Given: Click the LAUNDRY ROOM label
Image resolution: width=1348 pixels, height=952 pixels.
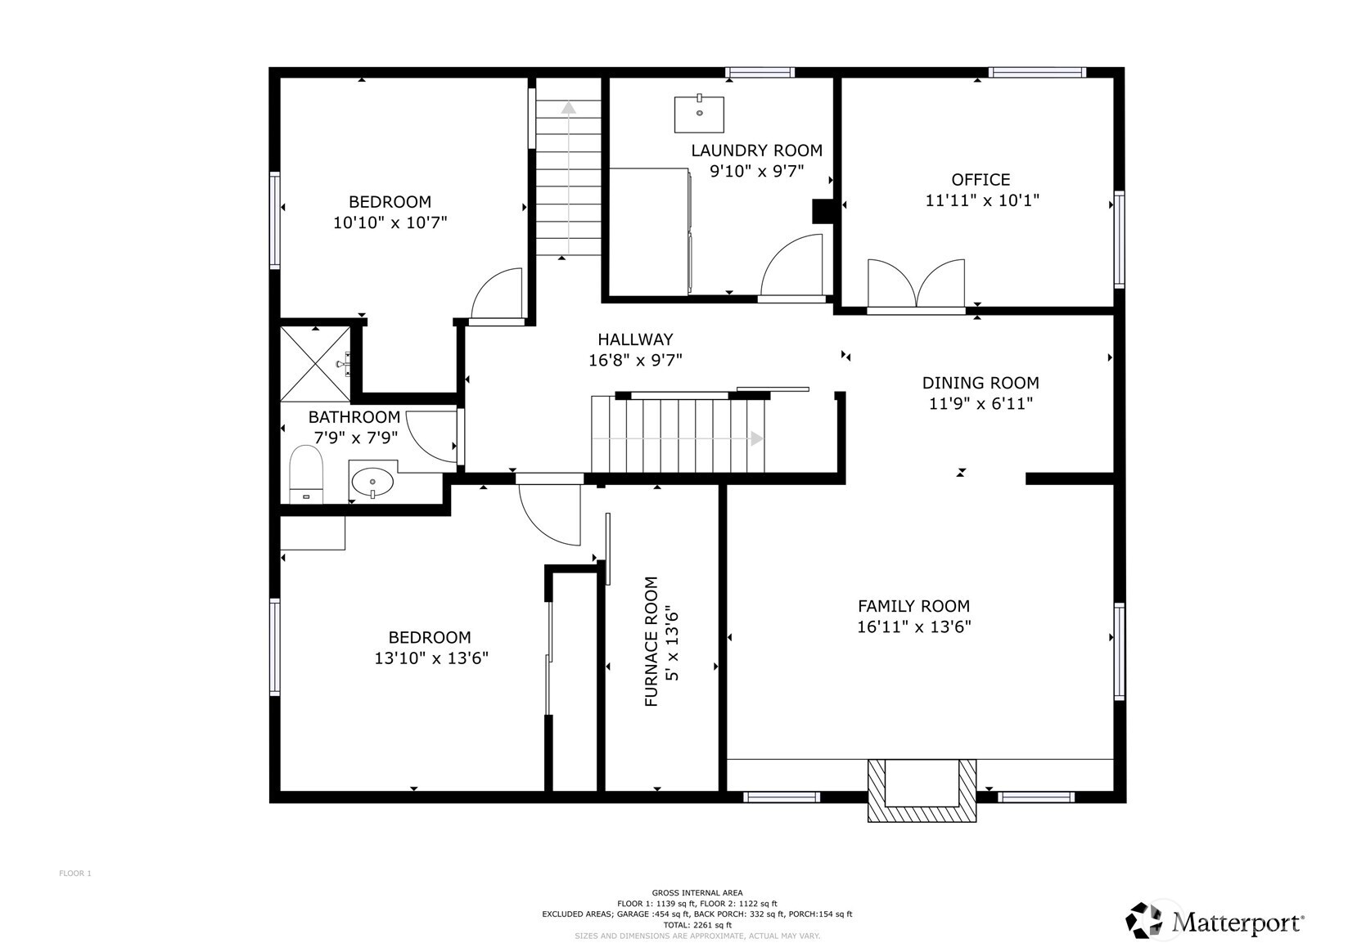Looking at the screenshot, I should (756, 150).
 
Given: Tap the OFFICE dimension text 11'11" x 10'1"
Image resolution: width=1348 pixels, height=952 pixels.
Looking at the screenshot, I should (981, 200).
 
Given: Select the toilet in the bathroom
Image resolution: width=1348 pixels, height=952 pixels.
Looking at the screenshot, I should (306, 475).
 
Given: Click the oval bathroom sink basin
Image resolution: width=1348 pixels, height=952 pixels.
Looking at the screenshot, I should (372, 482).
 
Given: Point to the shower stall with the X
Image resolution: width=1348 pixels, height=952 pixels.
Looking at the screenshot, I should (315, 364).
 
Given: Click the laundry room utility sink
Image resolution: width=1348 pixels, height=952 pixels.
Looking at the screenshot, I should (699, 114).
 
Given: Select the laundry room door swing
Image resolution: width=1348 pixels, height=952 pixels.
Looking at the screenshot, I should (792, 267).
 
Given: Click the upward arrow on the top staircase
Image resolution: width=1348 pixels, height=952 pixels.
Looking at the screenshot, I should (568, 107).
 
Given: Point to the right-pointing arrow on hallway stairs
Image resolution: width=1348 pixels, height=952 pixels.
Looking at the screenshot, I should (756, 439).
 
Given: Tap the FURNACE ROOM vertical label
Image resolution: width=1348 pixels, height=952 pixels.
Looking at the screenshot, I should (651, 641).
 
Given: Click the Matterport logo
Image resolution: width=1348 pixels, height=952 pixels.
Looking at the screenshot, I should (1215, 922).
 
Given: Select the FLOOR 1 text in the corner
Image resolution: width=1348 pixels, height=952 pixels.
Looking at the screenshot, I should (75, 873).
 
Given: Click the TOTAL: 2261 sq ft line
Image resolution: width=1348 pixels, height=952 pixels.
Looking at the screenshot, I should (697, 925).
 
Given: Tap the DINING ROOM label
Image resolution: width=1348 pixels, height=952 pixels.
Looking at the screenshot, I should (980, 383).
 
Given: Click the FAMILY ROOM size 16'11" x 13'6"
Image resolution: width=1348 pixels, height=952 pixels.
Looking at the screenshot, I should (913, 627).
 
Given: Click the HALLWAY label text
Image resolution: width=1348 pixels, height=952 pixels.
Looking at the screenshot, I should (634, 339).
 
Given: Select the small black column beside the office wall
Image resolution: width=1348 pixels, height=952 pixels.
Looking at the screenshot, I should (821, 212).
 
